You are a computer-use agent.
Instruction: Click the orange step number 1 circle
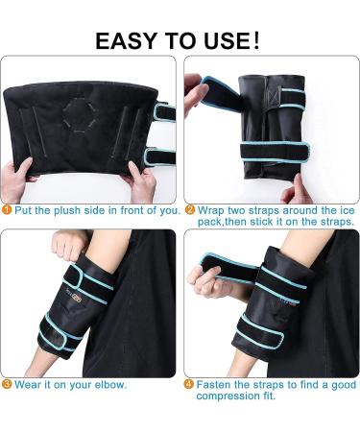(x=7, y=210)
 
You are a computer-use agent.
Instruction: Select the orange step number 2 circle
(x=190, y=210)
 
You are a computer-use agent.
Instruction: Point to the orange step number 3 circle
(x=7, y=384)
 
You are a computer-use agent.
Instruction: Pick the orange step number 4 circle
(x=189, y=384)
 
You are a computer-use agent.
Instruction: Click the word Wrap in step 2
(x=211, y=210)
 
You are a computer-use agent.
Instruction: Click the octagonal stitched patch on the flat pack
(x=79, y=114)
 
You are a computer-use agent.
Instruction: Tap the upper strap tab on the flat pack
(x=164, y=112)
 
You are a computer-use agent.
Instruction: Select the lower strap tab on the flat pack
(x=159, y=156)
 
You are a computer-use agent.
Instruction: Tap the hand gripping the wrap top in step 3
(x=69, y=245)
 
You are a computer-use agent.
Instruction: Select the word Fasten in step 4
(x=213, y=384)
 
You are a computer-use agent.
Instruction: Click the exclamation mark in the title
(x=256, y=40)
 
